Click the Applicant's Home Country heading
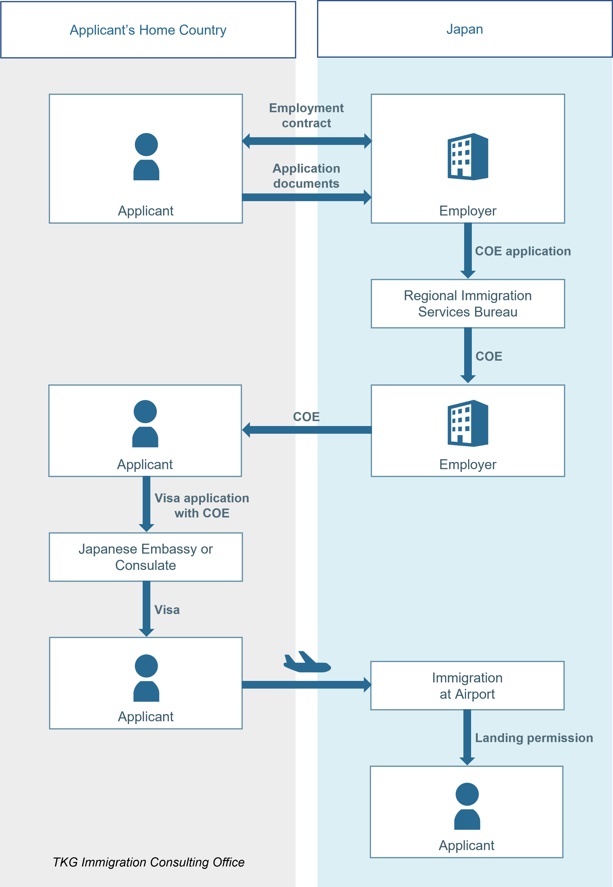coord(148,30)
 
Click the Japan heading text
coord(464,29)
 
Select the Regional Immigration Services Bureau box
coord(467,303)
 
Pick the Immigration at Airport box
coord(467,685)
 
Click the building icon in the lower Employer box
coord(467,423)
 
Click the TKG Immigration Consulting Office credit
coord(148,862)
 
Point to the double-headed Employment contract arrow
coord(307,141)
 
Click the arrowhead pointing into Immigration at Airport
coord(367,685)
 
